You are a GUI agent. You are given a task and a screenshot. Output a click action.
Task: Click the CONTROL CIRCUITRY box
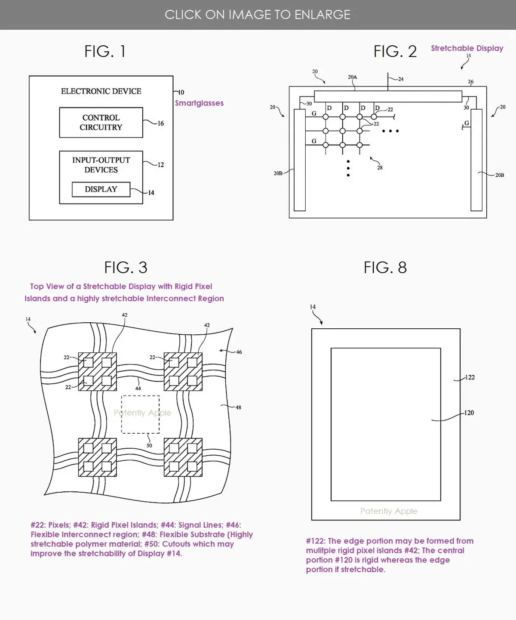point(101,123)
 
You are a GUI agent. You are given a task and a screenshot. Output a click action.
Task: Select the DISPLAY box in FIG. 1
point(101,189)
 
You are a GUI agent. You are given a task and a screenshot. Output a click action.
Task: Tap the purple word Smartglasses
point(199,103)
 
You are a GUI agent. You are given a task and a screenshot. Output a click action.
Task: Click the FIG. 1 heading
point(105,52)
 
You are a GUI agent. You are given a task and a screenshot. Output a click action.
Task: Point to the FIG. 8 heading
point(385,268)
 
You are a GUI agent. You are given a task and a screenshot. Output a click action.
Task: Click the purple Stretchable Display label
point(467,48)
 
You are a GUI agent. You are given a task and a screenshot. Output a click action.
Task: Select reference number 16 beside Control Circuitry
point(160,123)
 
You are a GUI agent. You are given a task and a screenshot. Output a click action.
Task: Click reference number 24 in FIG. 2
point(401,79)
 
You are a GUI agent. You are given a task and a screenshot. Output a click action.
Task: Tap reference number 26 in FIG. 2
point(470,82)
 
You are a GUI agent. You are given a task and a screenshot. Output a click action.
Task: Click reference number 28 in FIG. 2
point(380,168)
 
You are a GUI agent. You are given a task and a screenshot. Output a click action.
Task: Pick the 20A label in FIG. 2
point(352,77)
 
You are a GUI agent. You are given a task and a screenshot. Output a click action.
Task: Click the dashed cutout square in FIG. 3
point(140,414)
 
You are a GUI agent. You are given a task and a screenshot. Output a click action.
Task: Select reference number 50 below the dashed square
point(149,445)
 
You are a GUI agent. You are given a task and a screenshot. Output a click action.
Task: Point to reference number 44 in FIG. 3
point(138,388)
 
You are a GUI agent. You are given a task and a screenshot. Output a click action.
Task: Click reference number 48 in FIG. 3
point(238,407)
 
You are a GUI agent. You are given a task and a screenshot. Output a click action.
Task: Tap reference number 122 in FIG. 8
point(470,377)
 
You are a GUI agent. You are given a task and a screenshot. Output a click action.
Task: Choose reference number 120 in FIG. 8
point(469,413)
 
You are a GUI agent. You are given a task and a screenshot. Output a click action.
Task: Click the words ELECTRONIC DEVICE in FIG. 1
point(101,91)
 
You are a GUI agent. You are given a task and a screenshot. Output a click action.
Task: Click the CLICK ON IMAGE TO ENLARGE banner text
point(258,15)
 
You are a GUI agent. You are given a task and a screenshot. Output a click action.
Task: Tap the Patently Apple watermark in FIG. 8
point(389,511)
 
